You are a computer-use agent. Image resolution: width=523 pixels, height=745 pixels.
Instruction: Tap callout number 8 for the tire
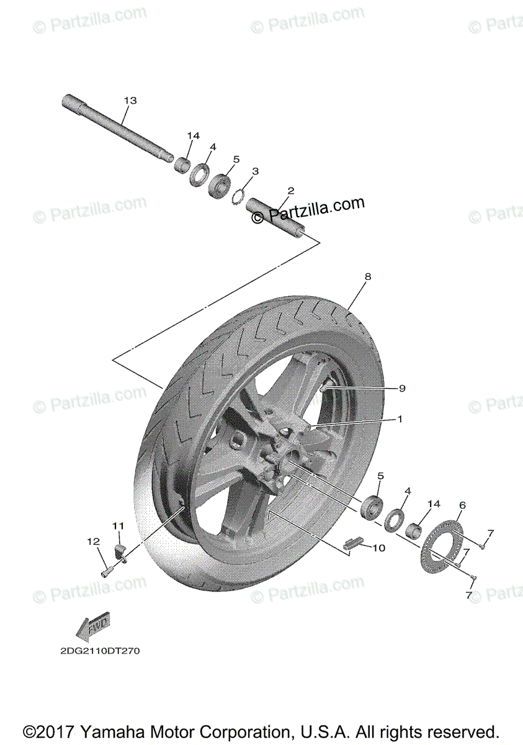point(368,277)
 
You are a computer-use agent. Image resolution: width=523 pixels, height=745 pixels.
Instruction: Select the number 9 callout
point(401,388)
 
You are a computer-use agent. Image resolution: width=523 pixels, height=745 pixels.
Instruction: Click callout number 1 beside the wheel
point(400,419)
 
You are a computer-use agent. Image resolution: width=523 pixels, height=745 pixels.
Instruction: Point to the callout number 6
point(462,505)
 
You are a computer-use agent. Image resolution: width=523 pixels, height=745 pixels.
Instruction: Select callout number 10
point(379,548)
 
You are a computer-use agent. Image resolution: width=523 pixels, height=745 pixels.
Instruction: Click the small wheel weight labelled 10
point(353,543)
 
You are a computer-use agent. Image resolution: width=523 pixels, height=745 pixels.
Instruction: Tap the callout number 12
point(93,541)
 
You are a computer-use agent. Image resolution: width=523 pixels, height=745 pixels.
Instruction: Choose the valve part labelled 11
point(120,549)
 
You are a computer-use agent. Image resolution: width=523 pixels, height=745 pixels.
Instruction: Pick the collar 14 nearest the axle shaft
point(182,165)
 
